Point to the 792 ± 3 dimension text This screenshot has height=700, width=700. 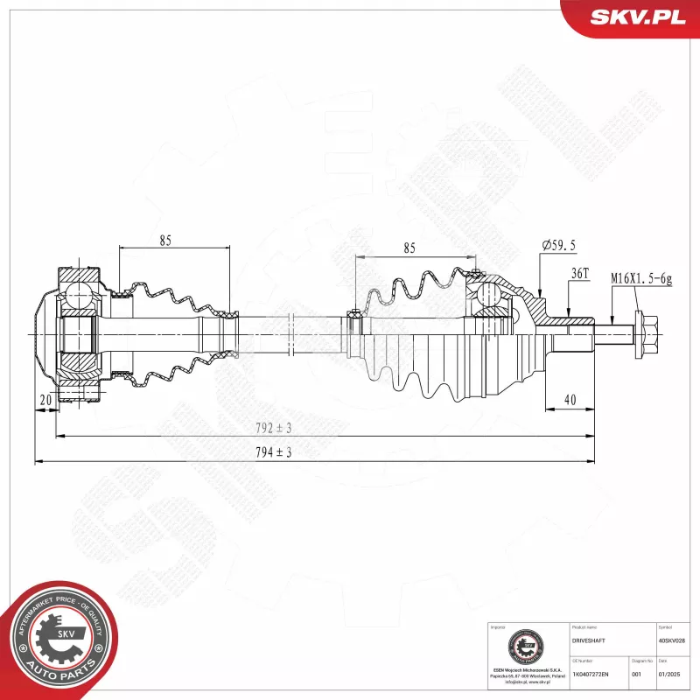click(x=274, y=428)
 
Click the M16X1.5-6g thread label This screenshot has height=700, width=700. click(x=640, y=278)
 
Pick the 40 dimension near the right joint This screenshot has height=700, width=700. click(x=570, y=400)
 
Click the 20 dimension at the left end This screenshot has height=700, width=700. click(x=45, y=400)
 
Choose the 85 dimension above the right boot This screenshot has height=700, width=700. click(x=409, y=248)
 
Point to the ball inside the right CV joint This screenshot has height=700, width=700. click(x=491, y=296)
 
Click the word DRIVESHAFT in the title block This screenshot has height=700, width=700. click(x=587, y=640)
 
